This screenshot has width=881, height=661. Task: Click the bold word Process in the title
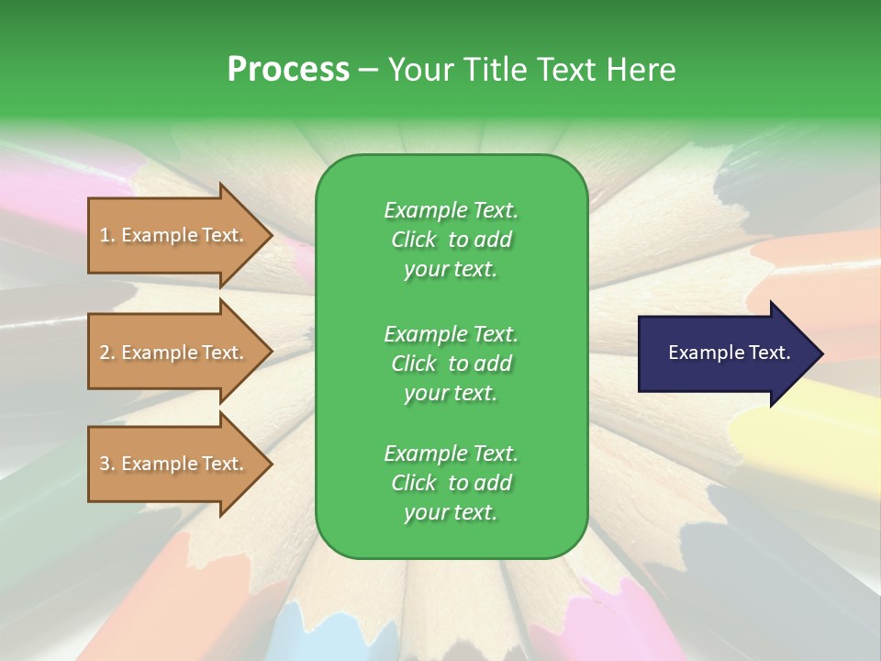pyautogui.click(x=288, y=70)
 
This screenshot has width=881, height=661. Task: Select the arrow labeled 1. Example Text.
pyautogui.click(x=174, y=235)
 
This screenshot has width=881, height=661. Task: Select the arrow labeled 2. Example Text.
pyautogui.click(x=174, y=353)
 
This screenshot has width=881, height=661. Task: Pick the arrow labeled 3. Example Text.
pyautogui.click(x=174, y=464)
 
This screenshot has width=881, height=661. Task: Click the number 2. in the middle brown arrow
pyautogui.click(x=107, y=353)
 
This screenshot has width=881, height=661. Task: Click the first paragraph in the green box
pyautogui.click(x=451, y=240)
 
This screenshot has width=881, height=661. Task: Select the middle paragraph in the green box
pyautogui.click(x=451, y=364)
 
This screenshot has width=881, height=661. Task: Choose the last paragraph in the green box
pyautogui.click(x=451, y=483)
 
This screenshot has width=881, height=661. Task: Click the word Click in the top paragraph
pyautogui.click(x=413, y=240)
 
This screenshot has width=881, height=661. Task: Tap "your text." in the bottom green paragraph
pyautogui.click(x=451, y=512)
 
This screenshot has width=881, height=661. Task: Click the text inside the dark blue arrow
pyautogui.click(x=729, y=353)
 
